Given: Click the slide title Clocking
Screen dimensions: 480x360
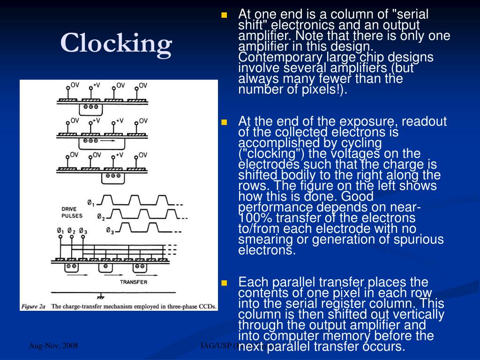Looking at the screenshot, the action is (x=116, y=44).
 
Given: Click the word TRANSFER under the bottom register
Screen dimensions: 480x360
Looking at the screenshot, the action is (x=134, y=282).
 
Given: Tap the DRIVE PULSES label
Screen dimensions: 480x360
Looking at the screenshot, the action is (x=71, y=212).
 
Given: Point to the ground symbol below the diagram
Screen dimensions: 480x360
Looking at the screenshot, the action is (x=100, y=297).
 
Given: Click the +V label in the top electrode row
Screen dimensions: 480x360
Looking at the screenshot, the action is (x=97, y=85).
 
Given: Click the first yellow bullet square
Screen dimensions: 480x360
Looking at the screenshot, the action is (x=224, y=15).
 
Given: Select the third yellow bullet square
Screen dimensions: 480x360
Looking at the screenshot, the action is (x=224, y=283).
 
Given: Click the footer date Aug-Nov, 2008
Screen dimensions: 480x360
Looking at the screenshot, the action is (x=53, y=346).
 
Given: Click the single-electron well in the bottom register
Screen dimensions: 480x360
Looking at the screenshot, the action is (x=106, y=266).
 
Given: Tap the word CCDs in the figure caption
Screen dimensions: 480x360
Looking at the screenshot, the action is (x=206, y=307).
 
